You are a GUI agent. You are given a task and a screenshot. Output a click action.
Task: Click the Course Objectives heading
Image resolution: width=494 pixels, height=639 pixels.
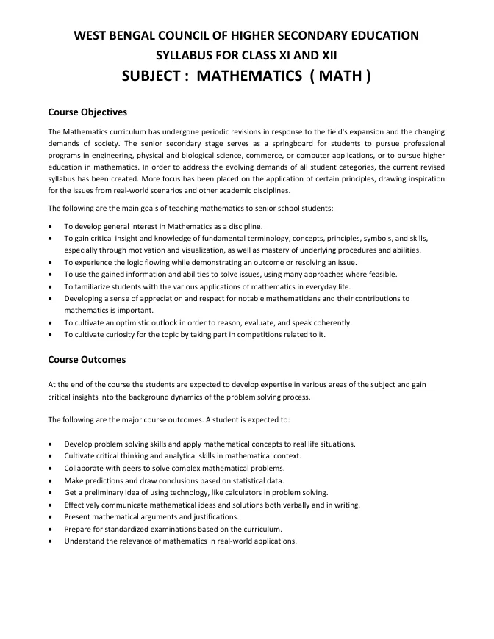coord(87,112)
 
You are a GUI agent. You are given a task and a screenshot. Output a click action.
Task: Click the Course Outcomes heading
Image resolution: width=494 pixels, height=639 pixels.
coord(87,360)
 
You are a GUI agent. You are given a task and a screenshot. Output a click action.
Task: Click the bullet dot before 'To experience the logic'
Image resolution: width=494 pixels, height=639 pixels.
coord(49,262)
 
